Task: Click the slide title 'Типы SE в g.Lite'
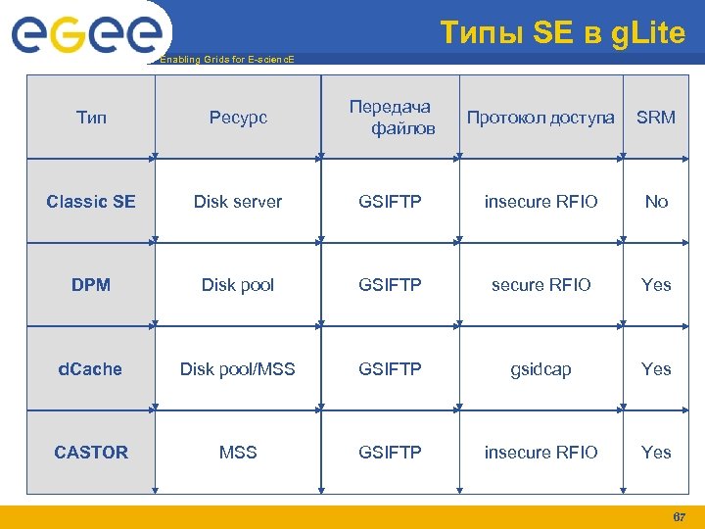point(562,33)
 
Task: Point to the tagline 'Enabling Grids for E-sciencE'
point(225,60)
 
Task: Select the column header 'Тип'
point(91,118)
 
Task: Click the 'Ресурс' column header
point(237,118)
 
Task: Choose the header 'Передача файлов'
point(390,118)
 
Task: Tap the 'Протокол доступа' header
point(540,118)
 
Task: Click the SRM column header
point(655,118)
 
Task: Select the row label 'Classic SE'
point(91,202)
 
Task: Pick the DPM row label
point(91,285)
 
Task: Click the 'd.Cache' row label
point(91,369)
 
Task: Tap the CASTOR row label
point(91,453)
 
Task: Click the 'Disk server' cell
point(237,202)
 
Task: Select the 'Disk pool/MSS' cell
point(237,369)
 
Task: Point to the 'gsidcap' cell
point(540,369)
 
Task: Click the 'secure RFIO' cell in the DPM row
point(540,285)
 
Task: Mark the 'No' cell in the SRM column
point(655,202)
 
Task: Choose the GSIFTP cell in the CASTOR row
point(390,453)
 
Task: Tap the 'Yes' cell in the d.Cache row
point(655,369)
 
